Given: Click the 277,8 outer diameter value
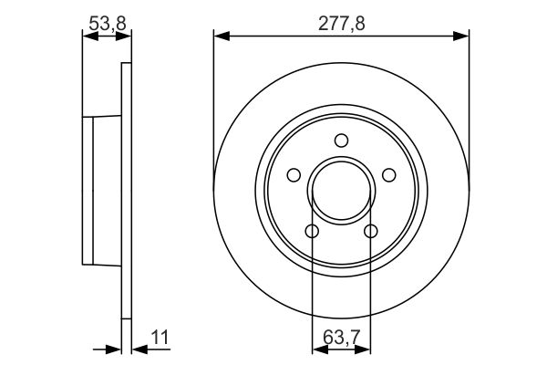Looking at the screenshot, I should coord(343,24).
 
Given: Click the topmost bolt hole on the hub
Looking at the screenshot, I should coord(341,141).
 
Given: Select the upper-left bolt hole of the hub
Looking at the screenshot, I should coord(294,175).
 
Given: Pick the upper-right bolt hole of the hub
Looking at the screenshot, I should coord(389,175).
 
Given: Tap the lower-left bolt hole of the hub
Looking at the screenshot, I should coord(312,232).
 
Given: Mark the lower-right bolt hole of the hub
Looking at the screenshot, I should coord(371,232).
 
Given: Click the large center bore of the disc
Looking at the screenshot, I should coord(341,192).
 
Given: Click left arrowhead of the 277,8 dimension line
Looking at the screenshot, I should coord(220,36).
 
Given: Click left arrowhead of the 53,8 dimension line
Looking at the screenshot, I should coord(88,36).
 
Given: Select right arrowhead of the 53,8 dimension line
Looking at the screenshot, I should coord(124,36).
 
